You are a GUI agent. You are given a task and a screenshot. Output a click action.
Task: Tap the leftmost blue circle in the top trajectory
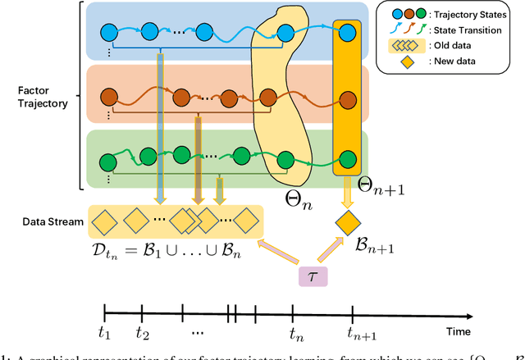109,32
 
